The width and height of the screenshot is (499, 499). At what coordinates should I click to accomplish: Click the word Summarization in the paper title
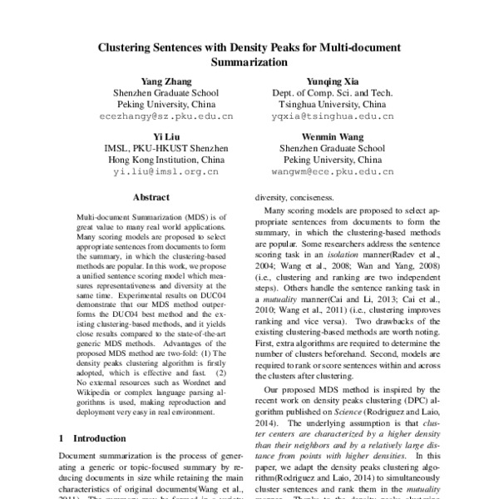(x=249, y=62)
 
